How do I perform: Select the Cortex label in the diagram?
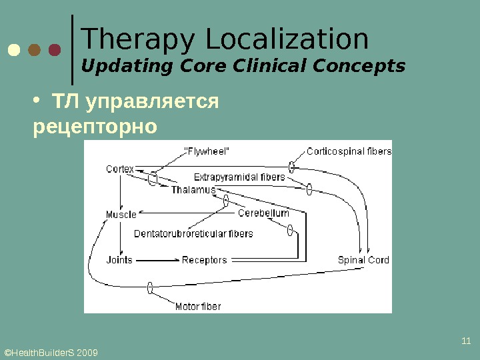(120, 169)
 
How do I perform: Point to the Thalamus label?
(194, 190)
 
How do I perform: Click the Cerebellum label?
(264, 213)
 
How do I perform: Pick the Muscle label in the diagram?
(121, 215)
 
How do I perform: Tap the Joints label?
(119, 260)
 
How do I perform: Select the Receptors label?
(205, 260)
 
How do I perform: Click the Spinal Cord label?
(363, 260)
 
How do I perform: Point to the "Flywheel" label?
(206, 151)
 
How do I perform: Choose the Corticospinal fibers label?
(349, 151)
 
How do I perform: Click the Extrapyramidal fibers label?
(239, 177)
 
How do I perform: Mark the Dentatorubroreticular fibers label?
(193, 234)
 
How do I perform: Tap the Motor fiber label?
(197, 307)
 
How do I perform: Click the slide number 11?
(466, 342)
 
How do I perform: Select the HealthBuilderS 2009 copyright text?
(51, 351)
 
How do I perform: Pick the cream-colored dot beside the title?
(14, 51)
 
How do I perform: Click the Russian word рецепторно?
(95, 125)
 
